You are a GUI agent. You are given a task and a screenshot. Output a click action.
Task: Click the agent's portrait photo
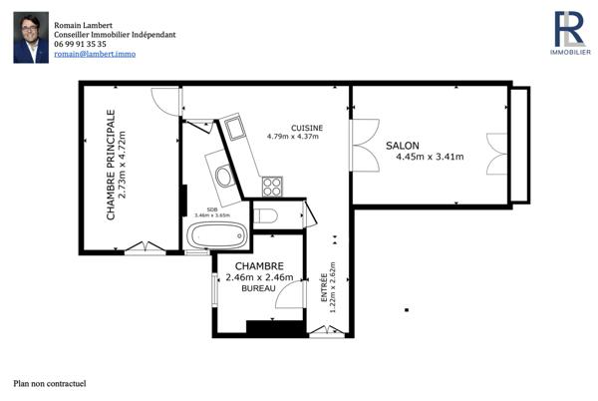[31, 38]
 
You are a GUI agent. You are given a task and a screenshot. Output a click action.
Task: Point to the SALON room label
[403, 145]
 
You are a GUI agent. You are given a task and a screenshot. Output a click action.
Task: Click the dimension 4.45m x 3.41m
[430, 157]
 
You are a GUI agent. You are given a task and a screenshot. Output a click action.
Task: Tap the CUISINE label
[306, 127]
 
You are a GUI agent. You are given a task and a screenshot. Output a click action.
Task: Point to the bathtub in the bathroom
[218, 236]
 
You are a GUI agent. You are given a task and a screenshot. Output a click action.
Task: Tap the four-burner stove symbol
[271, 186]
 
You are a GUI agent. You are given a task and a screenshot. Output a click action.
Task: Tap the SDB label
[212, 207]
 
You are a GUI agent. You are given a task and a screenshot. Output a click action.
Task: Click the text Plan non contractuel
[50, 383]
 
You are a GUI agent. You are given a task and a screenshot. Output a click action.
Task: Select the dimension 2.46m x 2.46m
[259, 277]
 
